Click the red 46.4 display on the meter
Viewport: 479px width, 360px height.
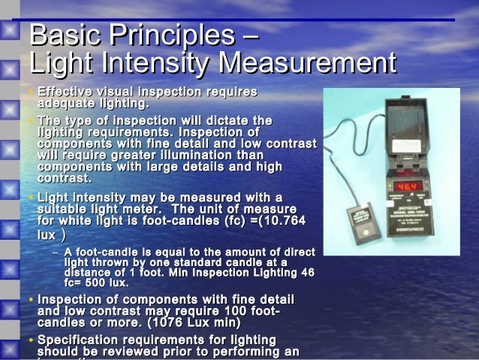(x=408, y=185)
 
